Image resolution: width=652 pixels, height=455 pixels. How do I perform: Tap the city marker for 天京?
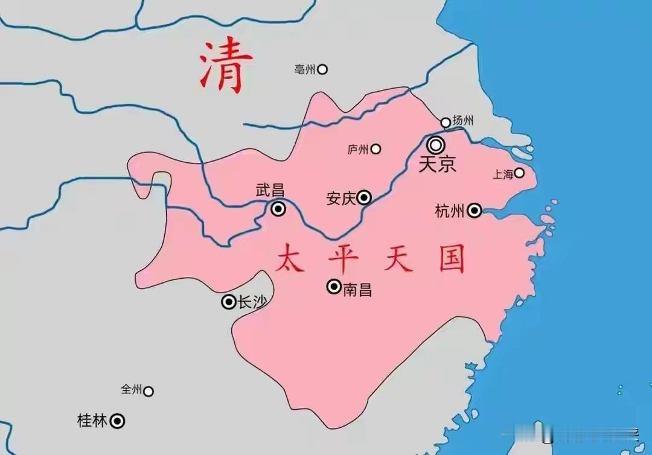click(436, 145)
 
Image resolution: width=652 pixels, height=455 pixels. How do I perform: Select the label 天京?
click(437, 164)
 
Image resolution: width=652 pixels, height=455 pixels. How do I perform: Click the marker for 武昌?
click(278, 209)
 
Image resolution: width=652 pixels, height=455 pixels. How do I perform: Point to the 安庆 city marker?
click(364, 197)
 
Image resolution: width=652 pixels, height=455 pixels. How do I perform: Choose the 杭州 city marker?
click(475, 210)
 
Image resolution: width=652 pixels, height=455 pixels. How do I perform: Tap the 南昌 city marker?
click(334, 287)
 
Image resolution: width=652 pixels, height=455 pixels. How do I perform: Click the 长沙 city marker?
click(229, 302)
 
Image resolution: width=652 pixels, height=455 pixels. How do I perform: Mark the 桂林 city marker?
click(118, 421)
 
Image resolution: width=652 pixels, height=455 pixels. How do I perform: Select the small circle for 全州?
click(148, 391)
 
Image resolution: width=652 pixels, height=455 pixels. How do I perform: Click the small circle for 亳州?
click(322, 69)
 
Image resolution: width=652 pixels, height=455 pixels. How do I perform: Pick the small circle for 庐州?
click(376, 148)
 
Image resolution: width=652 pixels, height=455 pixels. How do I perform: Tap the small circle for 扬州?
click(446, 122)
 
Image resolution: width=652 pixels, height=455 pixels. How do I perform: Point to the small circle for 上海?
click(519, 173)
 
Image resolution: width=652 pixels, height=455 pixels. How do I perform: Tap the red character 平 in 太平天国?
click(344, 259)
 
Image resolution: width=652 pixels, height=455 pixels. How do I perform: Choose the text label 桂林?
click(92, 421)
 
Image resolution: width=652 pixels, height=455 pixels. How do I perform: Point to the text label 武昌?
click(270, 191)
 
